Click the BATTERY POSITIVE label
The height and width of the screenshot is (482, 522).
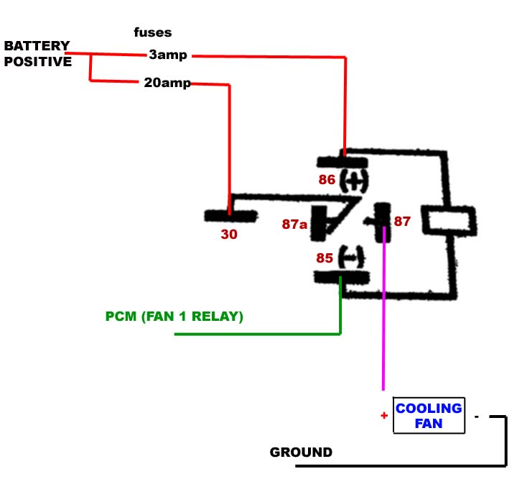point(37,54)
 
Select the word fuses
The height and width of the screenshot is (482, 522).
point(153,32)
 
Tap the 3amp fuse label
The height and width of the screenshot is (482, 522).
point(168,55)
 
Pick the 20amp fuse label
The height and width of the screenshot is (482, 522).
point(167,83)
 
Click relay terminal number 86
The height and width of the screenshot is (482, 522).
point(327,180)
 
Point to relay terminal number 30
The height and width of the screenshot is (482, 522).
point(228,234)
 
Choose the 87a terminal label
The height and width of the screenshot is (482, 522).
point(294,225)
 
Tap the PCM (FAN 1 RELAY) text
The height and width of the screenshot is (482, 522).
point(174,316)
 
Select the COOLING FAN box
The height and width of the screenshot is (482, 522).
point(429,416)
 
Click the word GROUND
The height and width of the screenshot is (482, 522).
point(301,453)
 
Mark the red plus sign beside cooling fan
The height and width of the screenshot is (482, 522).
point(384,416)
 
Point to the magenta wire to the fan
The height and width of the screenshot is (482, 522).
point(383,324)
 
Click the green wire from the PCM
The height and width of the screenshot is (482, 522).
point(258,334)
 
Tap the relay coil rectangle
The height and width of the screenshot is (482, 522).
point(448,220)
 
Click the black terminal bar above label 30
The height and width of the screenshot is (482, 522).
point(230,215)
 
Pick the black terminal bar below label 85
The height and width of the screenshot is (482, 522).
point(341,277)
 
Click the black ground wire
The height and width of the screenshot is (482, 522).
point(402,465)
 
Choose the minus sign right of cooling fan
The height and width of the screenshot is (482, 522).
point(476,417)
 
